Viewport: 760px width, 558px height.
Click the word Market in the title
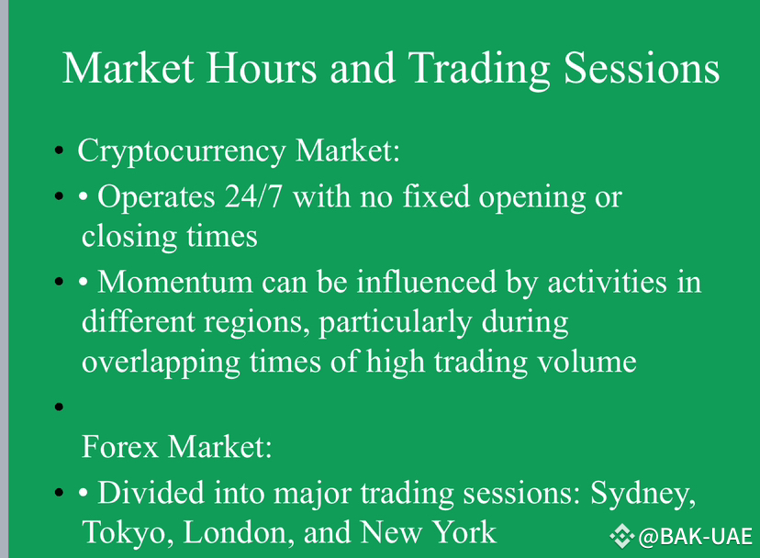pyautogui.click(x=129, y=68)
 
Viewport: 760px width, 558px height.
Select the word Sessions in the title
pyautogui.click(x=642, y=68)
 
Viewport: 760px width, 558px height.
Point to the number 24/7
pyautogui.click(x=253, y=196)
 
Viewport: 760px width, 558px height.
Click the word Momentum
pyautogui.click(x=175, y=282)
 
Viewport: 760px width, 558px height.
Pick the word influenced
pyautogui.click(x=427, y=282)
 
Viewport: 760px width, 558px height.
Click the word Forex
pyautogui.click(x=120, y=447)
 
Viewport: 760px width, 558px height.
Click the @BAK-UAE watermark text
pyautogui.click(x=696, y=537)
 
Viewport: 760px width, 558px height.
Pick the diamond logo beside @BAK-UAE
pyautogui.click(x=622, y=537)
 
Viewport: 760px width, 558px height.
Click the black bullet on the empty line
pyautogui.click(x=59, y=407)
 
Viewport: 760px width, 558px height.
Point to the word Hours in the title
pyautogui.click(x=262, y=68)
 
